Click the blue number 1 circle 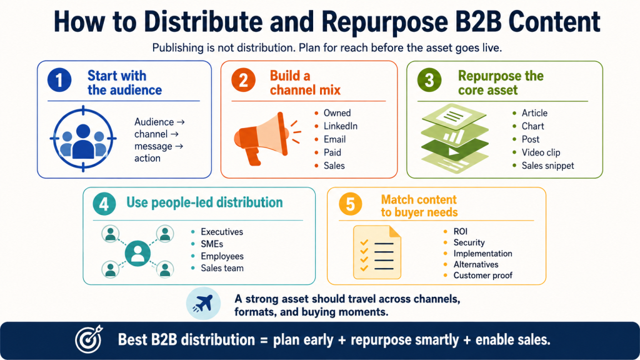click(x=59, y=79)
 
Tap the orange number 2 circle click(x=243, y=80)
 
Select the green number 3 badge click(x=429, y=80)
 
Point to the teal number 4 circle click(x=104, y=203)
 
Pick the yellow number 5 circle click(x=350, y=204)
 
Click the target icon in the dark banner click(x=89, y=339)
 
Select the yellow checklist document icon click(x=377, y=252)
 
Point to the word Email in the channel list click(x=335, y=139)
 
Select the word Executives click(x=222, y=232)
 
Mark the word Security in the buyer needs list click(x=469, y=242)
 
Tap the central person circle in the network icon click(x=137, y=253)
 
